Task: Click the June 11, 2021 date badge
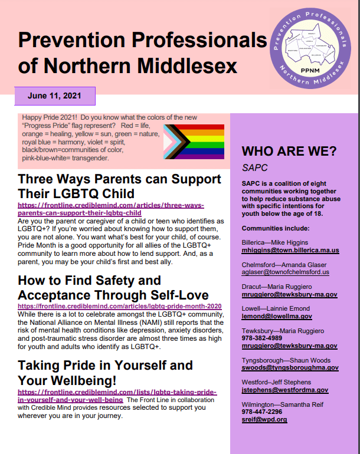pyautogui.click(x=54, y=96)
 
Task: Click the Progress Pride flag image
pyautogui.click(x=194, y=142)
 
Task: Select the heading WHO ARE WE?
pyautogui.click(x=289, y=151)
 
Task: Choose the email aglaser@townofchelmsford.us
pyautogui.click(x=286, y=272)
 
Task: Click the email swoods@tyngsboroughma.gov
pyautogui.click(x=290, y=367)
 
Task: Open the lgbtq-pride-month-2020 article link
pyautogui.click(x=120, y=307)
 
